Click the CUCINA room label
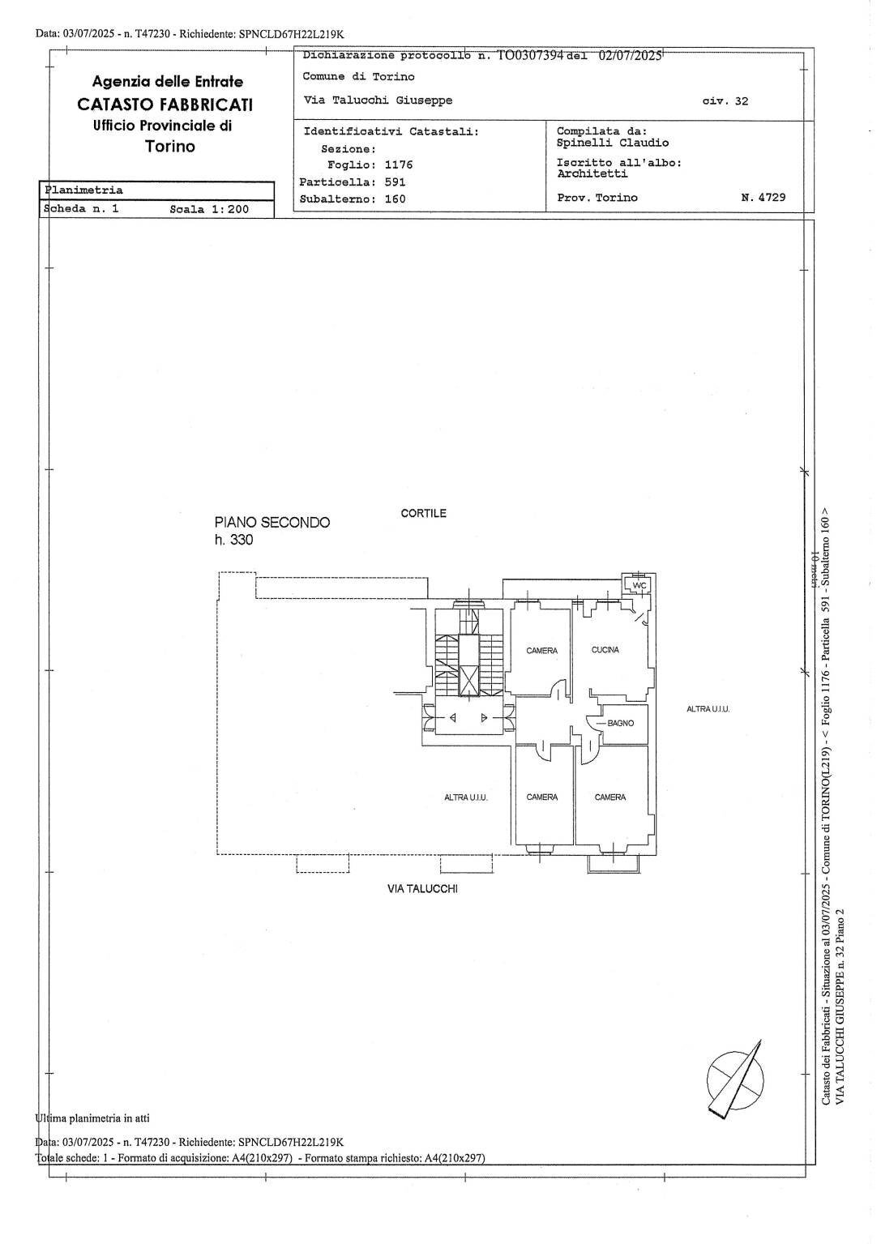point(605,650)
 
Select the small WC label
point(639,585)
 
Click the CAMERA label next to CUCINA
point(541,651)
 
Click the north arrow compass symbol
point(735,1075)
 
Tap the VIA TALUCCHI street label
point(422,888)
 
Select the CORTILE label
point(423,514)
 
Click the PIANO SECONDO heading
point(272,523)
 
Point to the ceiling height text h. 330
point(233,541)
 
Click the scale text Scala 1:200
point(209,209)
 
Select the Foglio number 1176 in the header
point(398,165)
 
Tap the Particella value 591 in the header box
point(396,182)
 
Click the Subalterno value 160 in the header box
point(396,199)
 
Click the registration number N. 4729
point(763,197)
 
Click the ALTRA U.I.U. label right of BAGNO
point(708,709)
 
